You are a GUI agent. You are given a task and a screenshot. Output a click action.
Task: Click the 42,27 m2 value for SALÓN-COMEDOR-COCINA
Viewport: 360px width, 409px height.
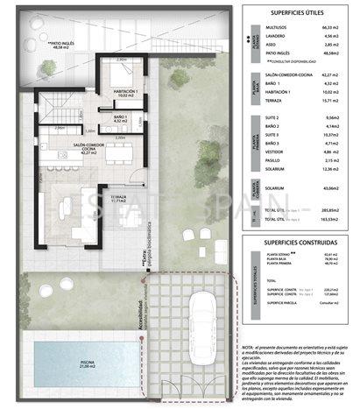point(330,76)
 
